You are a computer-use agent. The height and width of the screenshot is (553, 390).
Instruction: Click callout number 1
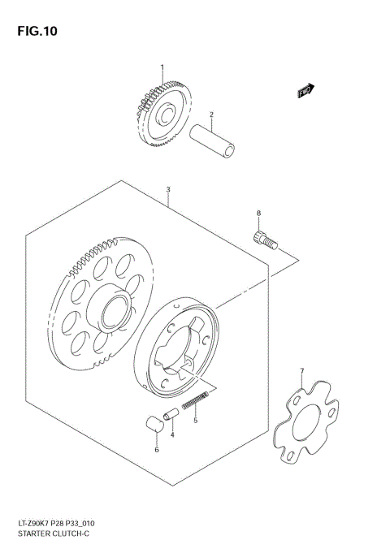[x=162, y=67]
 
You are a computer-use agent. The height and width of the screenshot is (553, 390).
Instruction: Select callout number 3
[x=168, y=192]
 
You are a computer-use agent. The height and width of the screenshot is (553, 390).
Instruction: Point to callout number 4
[x=172, y=436]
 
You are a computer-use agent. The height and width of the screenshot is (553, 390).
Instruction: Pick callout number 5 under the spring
[x=195, y=422]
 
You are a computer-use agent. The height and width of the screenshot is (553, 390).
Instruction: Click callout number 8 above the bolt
[x=259, y=214]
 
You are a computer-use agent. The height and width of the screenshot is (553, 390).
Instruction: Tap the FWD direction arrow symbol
[x=305, y=91]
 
